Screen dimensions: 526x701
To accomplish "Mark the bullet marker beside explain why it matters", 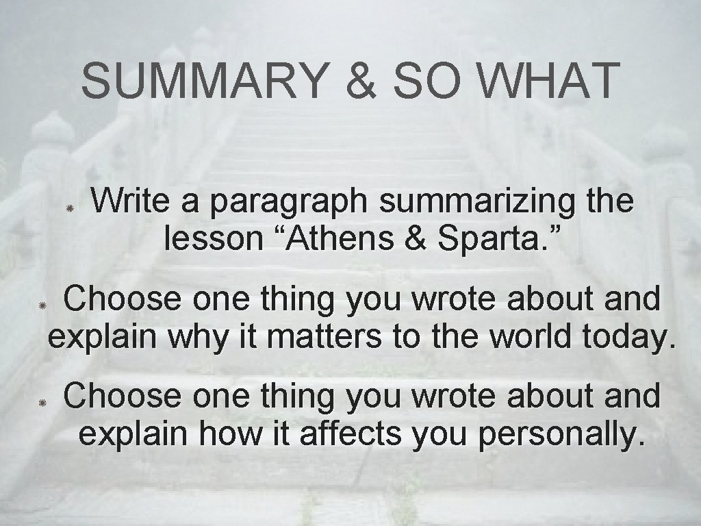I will [x=41, y=303].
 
